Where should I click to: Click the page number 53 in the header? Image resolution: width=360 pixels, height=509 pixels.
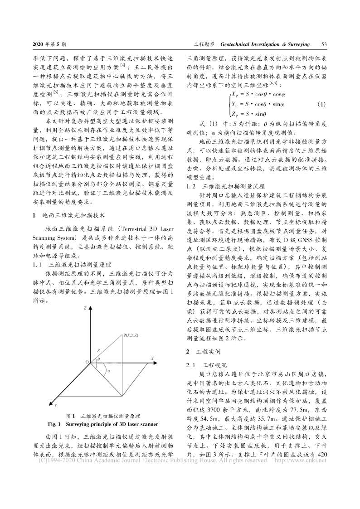click(324, 45)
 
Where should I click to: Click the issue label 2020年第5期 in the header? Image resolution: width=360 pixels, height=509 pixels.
click(50, 45)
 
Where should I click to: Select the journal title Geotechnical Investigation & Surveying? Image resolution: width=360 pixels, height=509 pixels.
click(265, 45)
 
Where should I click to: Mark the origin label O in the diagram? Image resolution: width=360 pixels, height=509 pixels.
click(86, 362)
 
